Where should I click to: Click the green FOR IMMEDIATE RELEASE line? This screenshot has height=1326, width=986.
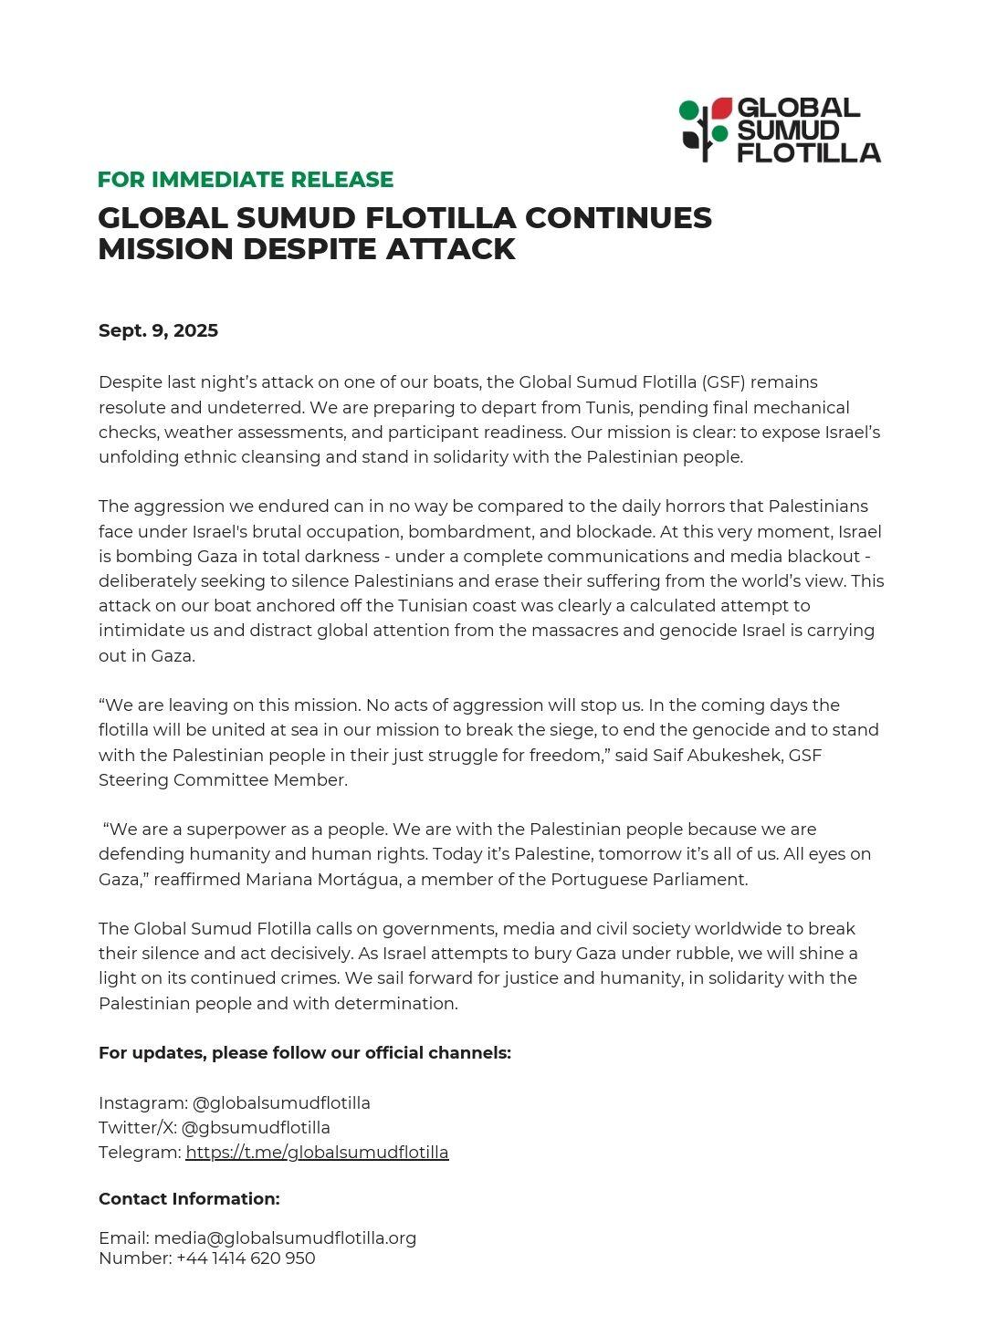coord(246,180)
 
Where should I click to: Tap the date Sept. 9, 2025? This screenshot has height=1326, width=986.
coord(158,330)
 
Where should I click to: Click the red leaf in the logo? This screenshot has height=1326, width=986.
coord(722,108)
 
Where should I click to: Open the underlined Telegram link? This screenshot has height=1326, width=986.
coord(317,1153)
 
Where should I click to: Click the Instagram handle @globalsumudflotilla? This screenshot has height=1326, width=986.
coord(281,1103)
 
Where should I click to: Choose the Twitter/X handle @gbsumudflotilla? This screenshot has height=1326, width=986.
coord(256,1128)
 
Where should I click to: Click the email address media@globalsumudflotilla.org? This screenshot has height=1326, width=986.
coord(285,1238)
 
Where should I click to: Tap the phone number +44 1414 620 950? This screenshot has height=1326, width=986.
coord(246,1258)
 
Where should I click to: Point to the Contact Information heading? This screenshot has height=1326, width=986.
coord(189,1199)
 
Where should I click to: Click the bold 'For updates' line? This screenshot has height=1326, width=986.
coord(304,1053)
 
